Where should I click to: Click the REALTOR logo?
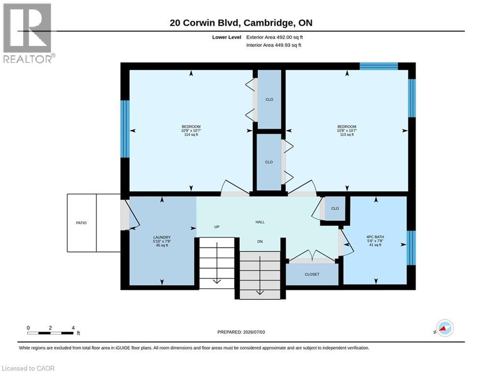click(x=29, y=33)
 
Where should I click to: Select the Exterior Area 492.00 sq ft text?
click(x=275, y=37)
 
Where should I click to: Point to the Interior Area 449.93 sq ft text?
click(x=274, y=45)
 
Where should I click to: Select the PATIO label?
click(x=81, y=223)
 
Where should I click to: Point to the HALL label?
click(x=260, y=222)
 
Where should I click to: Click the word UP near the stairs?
click(x=217, y=227)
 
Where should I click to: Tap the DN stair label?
click(x=260, y=242)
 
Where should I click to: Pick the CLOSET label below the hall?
click(x=312, y=274)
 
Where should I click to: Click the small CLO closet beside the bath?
click(x=335, y=208)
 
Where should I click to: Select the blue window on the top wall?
click(x=379, y=66)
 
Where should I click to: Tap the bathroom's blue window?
click(x=411, y=248)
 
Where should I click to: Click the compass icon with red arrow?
click(x=445, y=328)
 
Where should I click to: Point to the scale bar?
click(x=50, y=333)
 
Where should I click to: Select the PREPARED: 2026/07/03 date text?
click(x=241, y=332)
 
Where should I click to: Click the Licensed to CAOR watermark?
click(x=28, y=368)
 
